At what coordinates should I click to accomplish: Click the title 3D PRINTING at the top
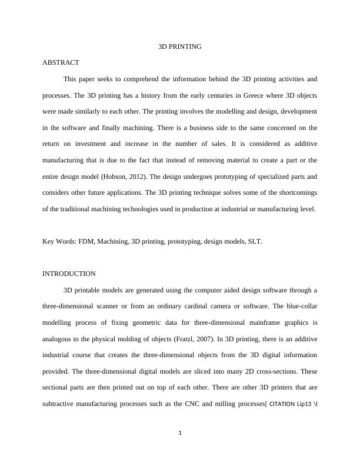(x=180, y=46)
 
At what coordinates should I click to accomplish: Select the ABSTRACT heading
(x=61, y=62)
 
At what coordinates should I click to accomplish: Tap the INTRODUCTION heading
(x=69, y=274)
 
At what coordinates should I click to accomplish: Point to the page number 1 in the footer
(x=180, y=434)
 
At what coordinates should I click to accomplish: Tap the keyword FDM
(x=87, y=241)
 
